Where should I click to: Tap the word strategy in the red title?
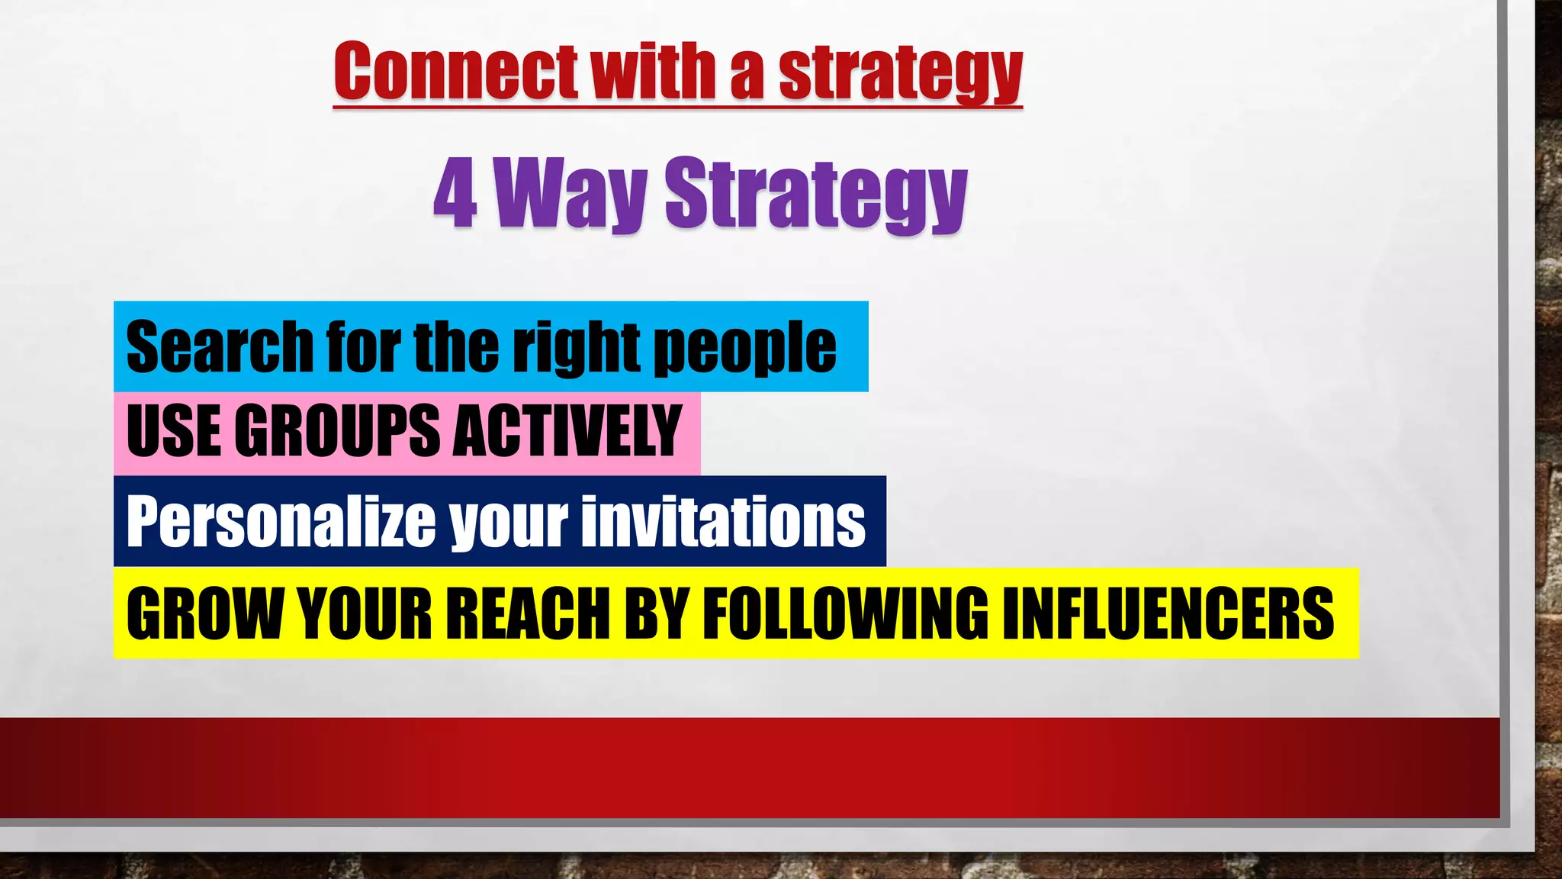point(900,73)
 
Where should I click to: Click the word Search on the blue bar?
point(220,347)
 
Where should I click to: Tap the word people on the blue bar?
point(745,349)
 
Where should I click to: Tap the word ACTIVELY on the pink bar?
point(567,431)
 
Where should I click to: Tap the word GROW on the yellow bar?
point(204,613)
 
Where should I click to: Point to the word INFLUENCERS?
point(1168,613)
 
